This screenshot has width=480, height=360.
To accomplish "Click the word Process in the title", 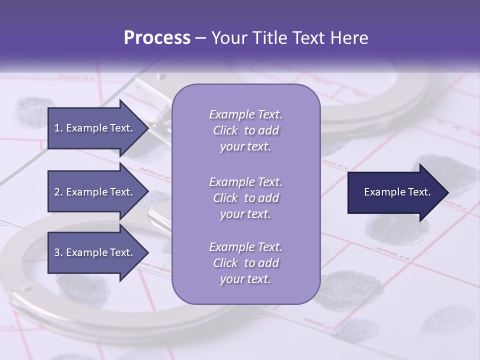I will point(157,38).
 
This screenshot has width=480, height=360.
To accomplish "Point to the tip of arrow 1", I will point(147,128).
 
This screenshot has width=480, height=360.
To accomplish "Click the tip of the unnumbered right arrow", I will point(447,192).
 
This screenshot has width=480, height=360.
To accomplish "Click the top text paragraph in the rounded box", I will point(245,130).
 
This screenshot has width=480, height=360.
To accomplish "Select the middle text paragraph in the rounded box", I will point(245,198).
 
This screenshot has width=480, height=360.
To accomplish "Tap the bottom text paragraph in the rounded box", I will point(245,263).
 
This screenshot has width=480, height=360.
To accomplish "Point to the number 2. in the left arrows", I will point(58,192).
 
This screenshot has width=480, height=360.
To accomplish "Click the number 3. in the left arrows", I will point(58,252).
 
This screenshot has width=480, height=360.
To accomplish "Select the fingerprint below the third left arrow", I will point(82,290).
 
